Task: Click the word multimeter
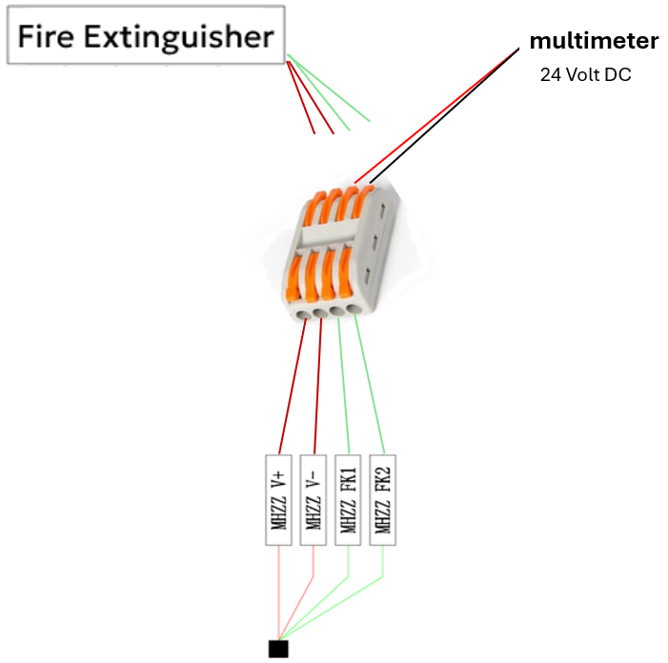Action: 594,42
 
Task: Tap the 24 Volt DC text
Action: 585,74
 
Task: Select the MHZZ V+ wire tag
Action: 278,499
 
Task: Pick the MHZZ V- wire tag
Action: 314,499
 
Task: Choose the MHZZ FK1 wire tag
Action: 349,499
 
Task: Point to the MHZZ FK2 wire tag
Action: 383,499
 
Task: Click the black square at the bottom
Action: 278,649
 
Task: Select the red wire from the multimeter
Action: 434,112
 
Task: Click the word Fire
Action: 47,38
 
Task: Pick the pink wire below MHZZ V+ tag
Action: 278,591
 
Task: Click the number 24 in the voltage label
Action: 550,74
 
